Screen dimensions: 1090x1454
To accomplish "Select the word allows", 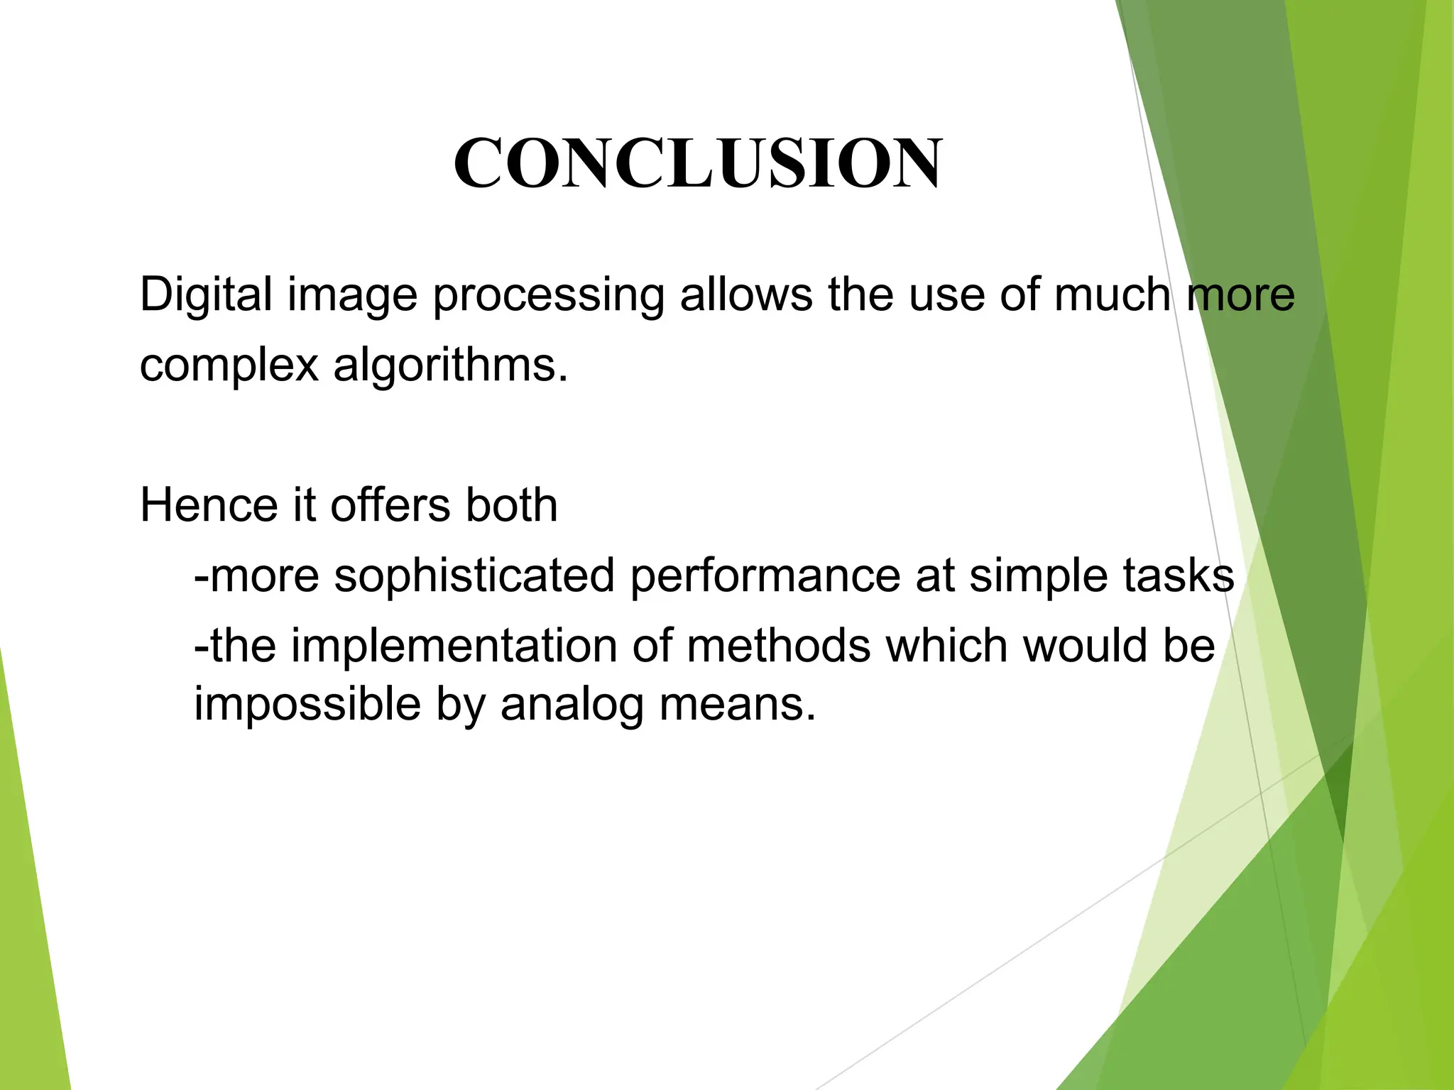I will pyautogui.click(x=745, y=294).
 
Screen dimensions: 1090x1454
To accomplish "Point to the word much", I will pyautogui.click(x=1112, y=294).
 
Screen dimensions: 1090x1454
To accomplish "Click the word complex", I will pyautogui.click(x=229, y=367).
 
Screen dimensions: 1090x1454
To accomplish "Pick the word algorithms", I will pyautogui.click(x=450, y=367).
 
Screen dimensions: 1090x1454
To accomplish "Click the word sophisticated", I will pyautogui.click(x=474, y=576).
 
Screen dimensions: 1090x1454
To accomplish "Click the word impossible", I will pyautogui.click(x=307, y=705).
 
